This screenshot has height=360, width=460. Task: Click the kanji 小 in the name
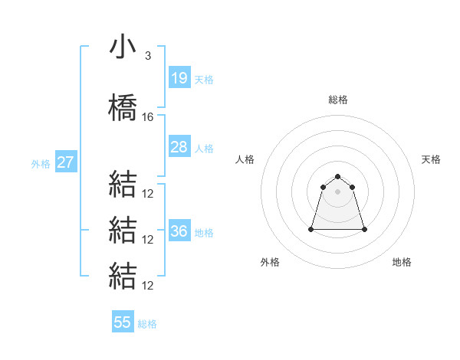pos(123,48)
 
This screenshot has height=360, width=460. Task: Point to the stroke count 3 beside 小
pos(147,56)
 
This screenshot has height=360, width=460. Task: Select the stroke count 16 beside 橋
pos(148,117)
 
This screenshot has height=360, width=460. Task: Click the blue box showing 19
pos(179,78)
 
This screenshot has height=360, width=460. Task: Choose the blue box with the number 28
pos(179,147)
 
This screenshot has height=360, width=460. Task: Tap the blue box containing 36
pos(179,231)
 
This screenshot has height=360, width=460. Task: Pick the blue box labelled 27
pos(65,162)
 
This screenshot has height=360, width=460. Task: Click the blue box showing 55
pos(123,322)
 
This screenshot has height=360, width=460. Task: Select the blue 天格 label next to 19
pos(203,79)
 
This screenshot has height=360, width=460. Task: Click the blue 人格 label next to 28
pos(203,148)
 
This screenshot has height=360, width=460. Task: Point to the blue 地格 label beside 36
pos(203,232)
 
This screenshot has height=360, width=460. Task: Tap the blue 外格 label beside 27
pos(41,163)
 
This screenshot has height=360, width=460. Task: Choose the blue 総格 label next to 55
pos(147,323)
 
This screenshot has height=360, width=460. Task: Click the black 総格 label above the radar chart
pos(338,100)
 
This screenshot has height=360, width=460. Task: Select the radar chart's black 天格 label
pos(432,159)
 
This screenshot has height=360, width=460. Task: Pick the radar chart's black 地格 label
pos(402,262)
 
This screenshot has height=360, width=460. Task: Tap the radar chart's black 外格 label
pos(270,262)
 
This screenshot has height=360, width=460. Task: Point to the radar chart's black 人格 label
pos(245,159)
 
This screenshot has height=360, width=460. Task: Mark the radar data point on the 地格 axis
pos(363,229)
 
